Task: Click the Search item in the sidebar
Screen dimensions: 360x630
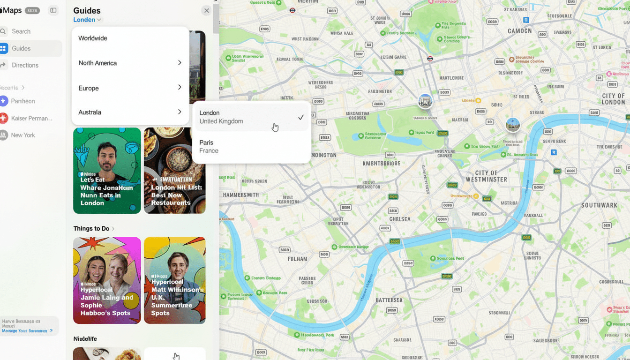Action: (x=21, y=31)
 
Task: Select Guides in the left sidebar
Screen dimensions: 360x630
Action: (x=21, y=48)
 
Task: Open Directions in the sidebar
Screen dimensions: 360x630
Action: (x=25, y=65)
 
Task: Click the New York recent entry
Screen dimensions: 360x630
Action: (x=23, y=135)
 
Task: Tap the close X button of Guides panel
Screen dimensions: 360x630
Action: (x=206, y=10)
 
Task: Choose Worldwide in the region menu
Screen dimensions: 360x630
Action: (x=93, y=38)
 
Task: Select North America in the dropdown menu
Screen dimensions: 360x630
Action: (x=97, y=63)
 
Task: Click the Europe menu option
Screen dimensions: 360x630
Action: (x=89, y=88)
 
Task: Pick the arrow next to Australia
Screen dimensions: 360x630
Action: (x=180, y=112)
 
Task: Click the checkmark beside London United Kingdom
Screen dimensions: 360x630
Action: (x=301, y=117)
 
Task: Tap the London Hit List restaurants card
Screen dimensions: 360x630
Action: (x=175, y=171)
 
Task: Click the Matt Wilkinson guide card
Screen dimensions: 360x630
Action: (x=175, y=280)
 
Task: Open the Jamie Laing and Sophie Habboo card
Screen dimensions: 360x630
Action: (x=107, y=280)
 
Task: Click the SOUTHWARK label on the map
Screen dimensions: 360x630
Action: (x=599, y=205)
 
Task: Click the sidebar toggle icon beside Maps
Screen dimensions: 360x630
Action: (x=53, y=10)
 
